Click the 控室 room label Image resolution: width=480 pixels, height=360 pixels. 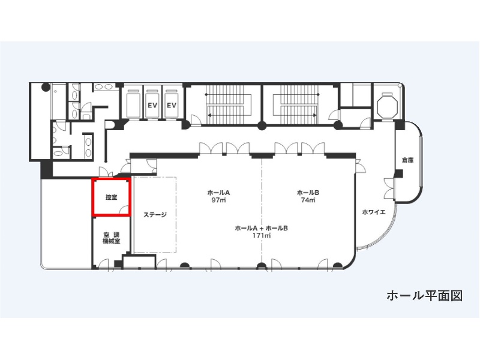pyautogui.click(x=112, y=197)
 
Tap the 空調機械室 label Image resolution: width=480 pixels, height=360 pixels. pyautogui.click(x=112, y=238)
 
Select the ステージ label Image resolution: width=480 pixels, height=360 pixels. pyautogui.click(x=155, y=215)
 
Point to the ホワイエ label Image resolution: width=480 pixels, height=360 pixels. pyautogui.click(x=374, y=212)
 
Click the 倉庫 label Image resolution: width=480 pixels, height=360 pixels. pyautogui.click(x=408, y=160)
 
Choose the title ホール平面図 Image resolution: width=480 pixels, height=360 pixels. pyautogui.click(x=425, y=296)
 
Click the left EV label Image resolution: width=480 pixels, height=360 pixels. pyautogui.click(x=152, y=106)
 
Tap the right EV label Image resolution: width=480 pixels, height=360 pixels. pyautogui.click(x=172, y=106)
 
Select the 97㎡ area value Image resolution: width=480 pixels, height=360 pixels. pyautogui.click(x=218, y=200)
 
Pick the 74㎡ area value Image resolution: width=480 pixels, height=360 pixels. pyautogui.click(x=308, y=200)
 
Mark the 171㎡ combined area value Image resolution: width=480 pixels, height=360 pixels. pyautogui.click(x=262, y=236)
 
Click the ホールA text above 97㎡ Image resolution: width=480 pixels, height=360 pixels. pyautogui.click(x=218, y=193)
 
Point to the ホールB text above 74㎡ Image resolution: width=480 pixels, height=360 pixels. pyautogui.click(x=308, y=193)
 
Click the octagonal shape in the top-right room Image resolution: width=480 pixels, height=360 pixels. pyautogui.click(x=387, y=107)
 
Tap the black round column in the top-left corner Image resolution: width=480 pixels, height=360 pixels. pyautogui.click(x=46, y=87)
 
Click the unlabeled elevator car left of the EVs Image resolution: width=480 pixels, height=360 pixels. pyautogui.click(x=133, y=103)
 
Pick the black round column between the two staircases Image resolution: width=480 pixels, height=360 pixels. pyautogui.click(x=262, y=125)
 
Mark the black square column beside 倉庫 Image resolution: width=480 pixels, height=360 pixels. pyautogui.click(x=398, y=173)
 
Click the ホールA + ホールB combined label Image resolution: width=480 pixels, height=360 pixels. pyautogui.click(x=262, y=229)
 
